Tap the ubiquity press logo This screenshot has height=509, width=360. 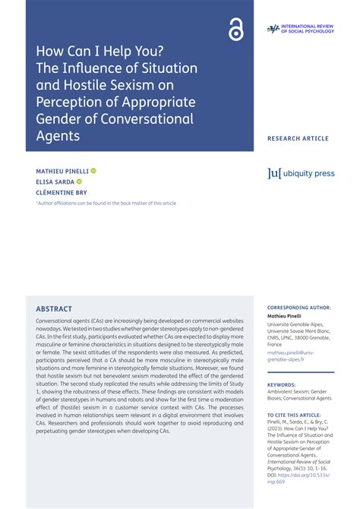(301, 173)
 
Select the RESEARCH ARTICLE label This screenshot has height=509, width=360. (298, 138)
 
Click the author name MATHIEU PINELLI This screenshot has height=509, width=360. (62, 171)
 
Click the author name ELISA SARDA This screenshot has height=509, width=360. (55, 182)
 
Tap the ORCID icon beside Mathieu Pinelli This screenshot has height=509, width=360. (93, 171)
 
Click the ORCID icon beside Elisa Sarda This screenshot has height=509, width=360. (79, 182)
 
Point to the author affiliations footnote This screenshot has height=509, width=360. (106, 204)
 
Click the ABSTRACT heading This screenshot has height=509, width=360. (54, 309)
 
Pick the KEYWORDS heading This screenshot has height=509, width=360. (281, 384)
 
